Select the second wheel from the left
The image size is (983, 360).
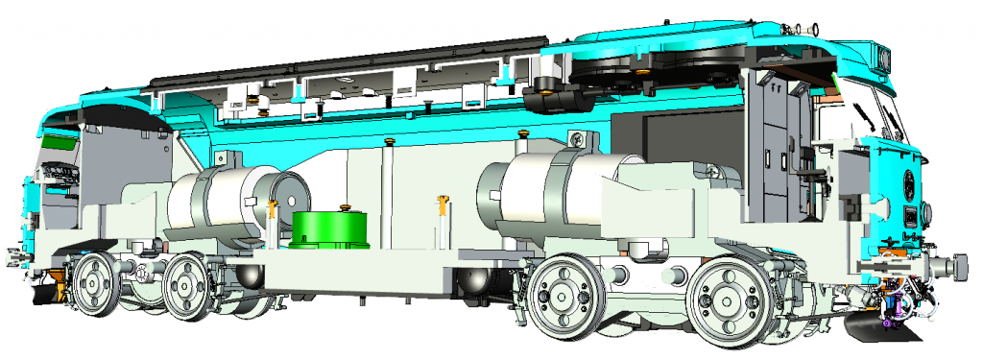click(186, 286)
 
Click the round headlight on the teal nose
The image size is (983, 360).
click(907, 180)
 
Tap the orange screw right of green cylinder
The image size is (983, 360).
click(443, 205)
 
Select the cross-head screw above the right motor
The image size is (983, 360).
click(575, 140)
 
